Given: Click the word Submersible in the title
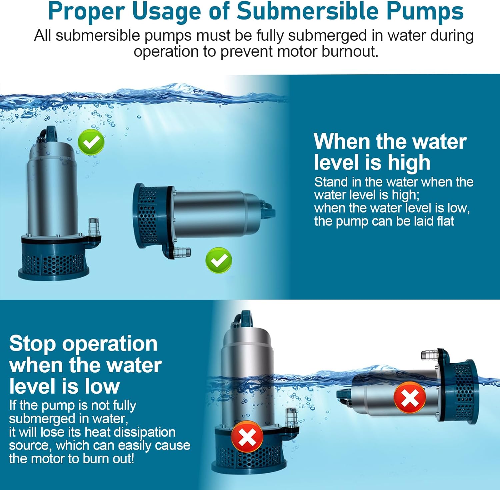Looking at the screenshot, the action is click(x=308, y=11).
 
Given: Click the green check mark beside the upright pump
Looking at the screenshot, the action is click(x=91, y=142).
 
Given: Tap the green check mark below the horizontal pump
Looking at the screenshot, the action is click(x=219, y=261).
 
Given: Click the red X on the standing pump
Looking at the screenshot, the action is click(x=247, y=437).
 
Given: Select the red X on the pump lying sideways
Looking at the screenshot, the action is click(x=410, y=398).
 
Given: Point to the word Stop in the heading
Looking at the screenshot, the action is click(x=33, y=344).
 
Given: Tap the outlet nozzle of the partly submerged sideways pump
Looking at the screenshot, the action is click(x=430, y=355).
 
